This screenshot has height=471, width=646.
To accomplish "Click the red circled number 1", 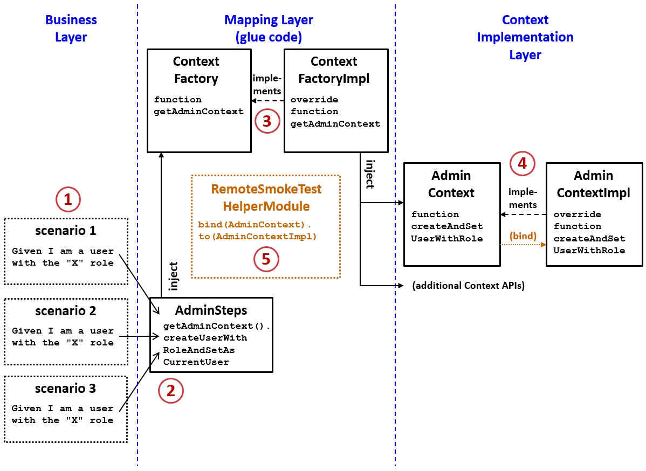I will (68, 199).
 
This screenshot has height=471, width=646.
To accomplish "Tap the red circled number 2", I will (170, 391).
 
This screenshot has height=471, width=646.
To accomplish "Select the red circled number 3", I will (267, 121).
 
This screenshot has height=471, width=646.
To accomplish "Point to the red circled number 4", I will (522, 163).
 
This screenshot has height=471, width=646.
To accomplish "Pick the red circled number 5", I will (266, 259).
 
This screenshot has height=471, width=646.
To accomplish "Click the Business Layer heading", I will (71, 29).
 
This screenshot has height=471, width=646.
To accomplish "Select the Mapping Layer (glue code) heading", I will (269, 29).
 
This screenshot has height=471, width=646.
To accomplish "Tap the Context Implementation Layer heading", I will (525, 37).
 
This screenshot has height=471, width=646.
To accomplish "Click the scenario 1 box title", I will (65, 231).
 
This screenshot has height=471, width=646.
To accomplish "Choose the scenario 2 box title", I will (65, 311).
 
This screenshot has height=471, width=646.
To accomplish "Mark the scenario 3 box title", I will (65, 389).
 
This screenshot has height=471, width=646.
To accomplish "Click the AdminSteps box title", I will (211, 310).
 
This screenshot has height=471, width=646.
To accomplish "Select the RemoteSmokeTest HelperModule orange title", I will (266, 198).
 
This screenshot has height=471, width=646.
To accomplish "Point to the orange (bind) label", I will (523, 235).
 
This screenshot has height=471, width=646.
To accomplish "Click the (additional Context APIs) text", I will (468, 286).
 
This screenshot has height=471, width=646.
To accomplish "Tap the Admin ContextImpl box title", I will (593, 184).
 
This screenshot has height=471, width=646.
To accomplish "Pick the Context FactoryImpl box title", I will (334, 70).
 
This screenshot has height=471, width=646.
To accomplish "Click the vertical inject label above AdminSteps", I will (174, 276).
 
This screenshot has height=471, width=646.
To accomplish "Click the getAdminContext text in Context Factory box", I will (198, 112).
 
